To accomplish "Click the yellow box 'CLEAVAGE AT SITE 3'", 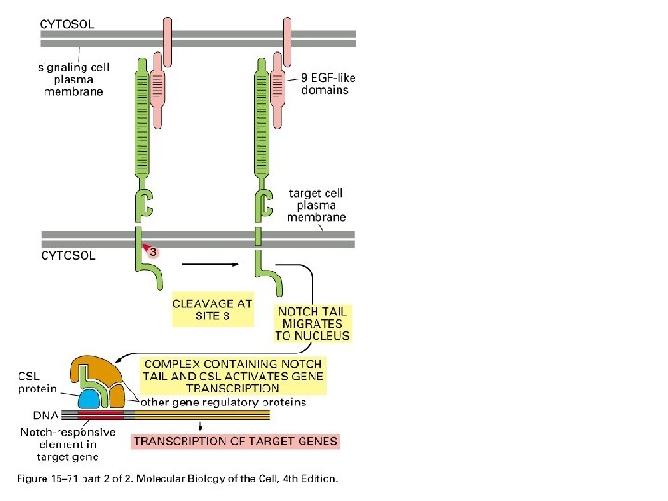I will pyautogui.click(x=213, y=310).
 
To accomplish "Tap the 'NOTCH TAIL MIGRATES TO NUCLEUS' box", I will pyautogui.click(x=314, y=323).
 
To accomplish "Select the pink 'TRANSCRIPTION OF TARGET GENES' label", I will pyautogui.click(x=236, y=441).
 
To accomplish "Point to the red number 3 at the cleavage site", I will pyautogui.click(x=153, y=251).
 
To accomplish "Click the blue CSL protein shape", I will pyautogui.click(x=90, y=398).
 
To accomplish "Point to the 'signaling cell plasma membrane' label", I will pyautogui.click(x=71, y=79).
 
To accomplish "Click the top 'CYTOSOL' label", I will pyautogui.click(x=67, y=24).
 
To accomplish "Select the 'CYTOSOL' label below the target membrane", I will pyautogui.click(x=67, y=255).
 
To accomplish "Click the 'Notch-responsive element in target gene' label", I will pyautogui.click(x=68, y=444).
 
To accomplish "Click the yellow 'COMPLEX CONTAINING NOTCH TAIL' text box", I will pyautogui.click(x=233, y=376).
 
